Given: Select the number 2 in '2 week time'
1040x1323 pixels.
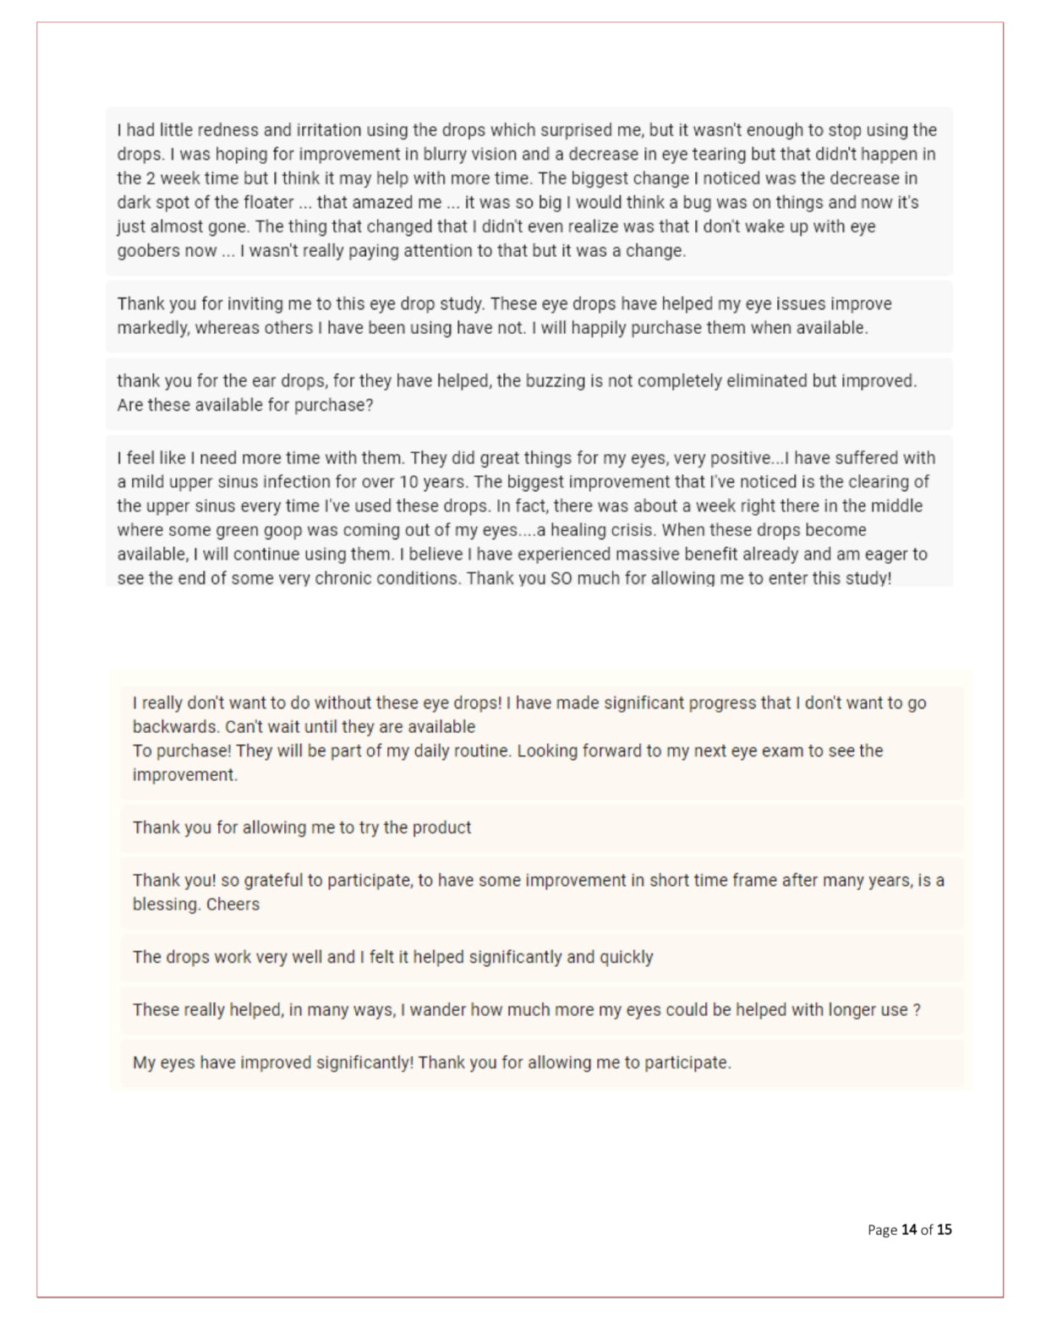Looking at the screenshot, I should [149, 178].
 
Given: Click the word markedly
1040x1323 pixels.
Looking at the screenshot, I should [153, 328].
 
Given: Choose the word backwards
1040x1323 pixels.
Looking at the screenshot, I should [174, 727].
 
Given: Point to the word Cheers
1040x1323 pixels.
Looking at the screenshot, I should [233, 905].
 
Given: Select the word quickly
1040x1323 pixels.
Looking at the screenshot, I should [626, 957].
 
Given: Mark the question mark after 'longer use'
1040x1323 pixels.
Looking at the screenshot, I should [917, 1010].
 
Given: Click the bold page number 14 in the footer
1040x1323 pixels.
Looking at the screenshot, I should [909, 1230].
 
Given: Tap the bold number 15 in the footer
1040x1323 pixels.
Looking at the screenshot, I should [944, 1230].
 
